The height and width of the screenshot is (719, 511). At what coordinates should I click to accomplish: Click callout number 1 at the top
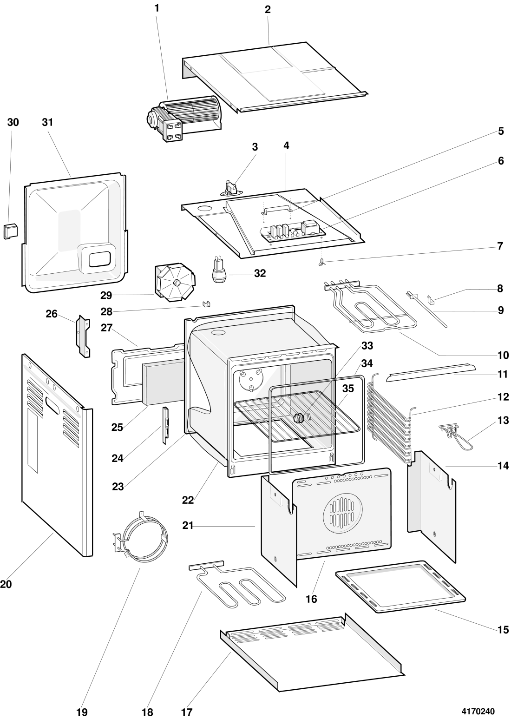(x=157, y=8)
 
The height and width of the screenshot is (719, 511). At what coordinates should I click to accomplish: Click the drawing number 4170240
(x=478, y=712)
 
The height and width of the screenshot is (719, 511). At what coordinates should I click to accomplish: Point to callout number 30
(x=13, y=122)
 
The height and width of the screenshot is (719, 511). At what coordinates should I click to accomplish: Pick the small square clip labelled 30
(x=10, y=230)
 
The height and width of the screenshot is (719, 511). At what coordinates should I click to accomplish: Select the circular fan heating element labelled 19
(x=140, y=538)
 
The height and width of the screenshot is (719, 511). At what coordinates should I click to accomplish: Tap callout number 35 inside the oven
(x=348, y=389)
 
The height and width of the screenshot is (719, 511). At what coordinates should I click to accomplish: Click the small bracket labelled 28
(x=206, y=304)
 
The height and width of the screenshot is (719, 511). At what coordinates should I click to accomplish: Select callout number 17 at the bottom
(x=186, y=712)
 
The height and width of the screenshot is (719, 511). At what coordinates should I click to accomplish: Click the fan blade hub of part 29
(x=177, y=283)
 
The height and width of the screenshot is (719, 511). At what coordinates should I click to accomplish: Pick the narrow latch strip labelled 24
(x=164, y=425)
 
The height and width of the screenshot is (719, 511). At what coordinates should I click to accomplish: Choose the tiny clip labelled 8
(x=431, y=300)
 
